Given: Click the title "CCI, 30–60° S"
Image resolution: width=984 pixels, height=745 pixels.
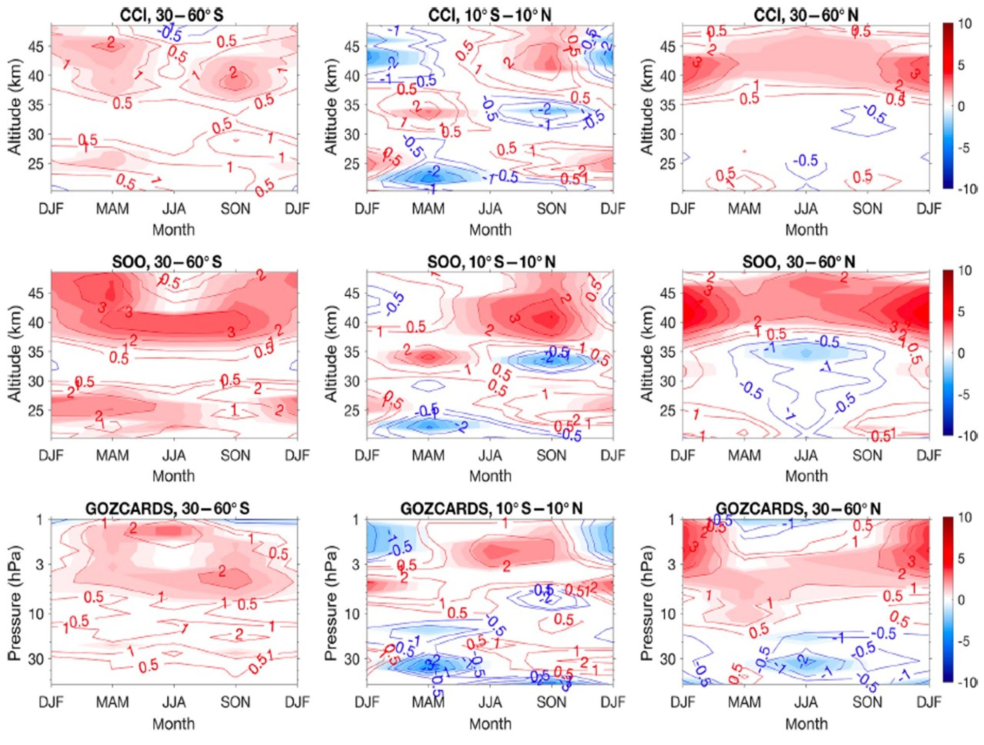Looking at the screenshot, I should (172, 15).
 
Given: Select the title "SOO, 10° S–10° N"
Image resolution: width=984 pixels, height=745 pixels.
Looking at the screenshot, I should (491, 262).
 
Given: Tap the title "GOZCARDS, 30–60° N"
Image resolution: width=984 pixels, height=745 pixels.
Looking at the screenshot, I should (798, 508).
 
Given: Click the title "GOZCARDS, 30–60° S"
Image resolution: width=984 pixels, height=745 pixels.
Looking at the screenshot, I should (167, 508).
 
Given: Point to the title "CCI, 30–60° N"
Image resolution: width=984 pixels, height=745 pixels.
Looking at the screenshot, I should (806, 15).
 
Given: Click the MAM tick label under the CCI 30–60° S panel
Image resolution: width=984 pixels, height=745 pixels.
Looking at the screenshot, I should (112, 209).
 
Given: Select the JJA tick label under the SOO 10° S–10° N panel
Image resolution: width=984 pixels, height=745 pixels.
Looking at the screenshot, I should (490, 455).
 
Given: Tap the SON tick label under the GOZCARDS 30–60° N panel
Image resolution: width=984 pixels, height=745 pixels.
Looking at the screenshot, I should (867, 702).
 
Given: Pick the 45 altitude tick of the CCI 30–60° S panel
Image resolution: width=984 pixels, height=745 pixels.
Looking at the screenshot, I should (36, 47).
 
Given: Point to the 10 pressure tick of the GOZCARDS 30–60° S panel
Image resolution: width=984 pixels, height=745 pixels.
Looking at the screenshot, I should (36, 614).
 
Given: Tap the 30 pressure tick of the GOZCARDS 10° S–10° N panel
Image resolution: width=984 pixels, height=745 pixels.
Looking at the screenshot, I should (352, 658).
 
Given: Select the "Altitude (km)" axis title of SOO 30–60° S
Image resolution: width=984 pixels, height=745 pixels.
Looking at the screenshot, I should (15, 353).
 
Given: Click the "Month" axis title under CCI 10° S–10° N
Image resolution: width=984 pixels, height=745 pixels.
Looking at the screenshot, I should (490, 230).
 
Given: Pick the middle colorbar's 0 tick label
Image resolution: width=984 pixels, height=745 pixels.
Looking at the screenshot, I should (961, 353).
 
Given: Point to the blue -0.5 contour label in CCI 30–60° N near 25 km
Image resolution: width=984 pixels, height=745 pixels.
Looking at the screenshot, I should (805, 160).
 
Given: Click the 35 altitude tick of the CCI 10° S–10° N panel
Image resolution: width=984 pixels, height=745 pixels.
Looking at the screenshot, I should (352, 105).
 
